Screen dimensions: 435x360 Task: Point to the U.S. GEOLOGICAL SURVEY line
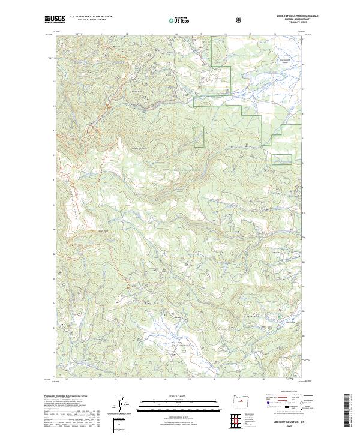(x=85, y=21)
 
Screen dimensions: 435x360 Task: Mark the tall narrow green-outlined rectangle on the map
(x=199, y=136)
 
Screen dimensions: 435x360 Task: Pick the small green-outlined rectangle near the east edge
(x=282, y=159)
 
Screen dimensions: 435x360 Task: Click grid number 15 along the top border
(x=201, y=34)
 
